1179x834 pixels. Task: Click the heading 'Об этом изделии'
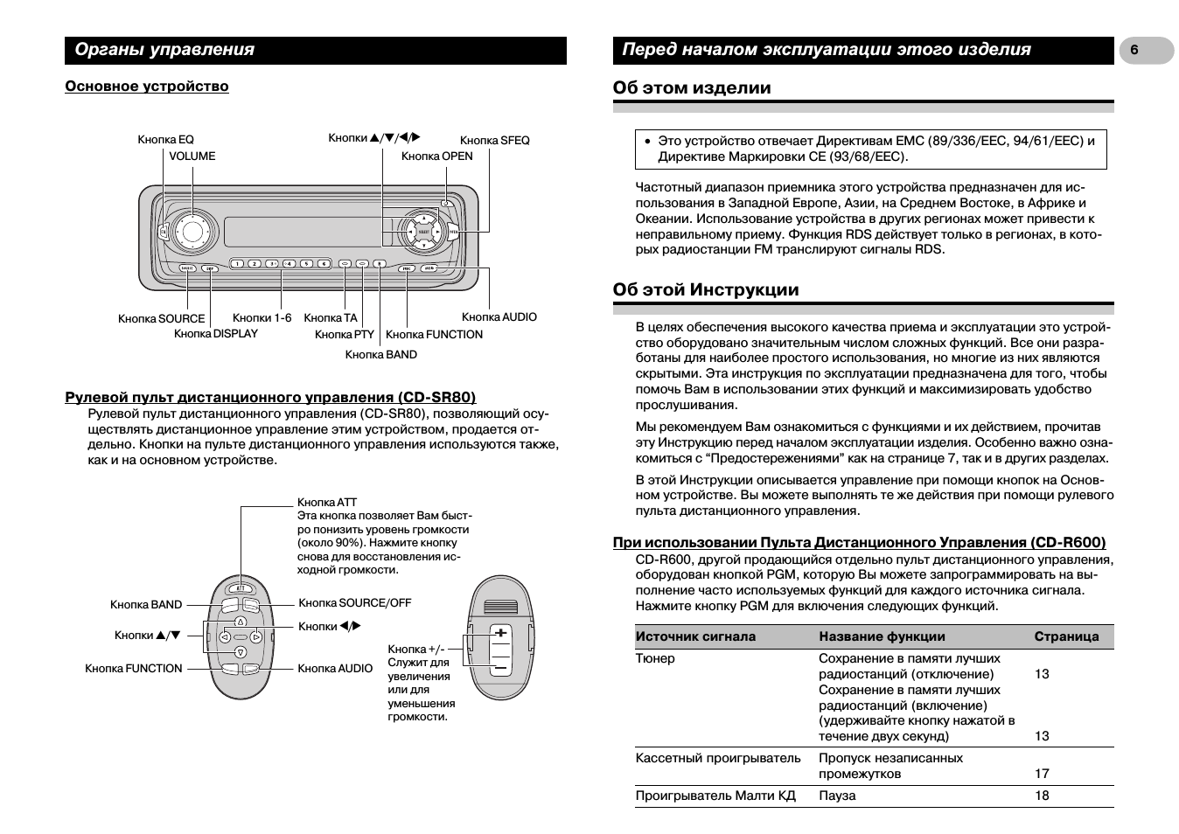coord(692,87)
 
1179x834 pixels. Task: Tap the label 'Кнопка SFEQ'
coord(494,140)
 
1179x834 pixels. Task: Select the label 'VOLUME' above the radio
coord(192,156)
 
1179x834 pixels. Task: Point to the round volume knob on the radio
coord(192,231)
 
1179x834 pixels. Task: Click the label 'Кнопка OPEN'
coord(436,156)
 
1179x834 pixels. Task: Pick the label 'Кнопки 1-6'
coord(262,318)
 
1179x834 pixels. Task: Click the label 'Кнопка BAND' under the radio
coord(380,355)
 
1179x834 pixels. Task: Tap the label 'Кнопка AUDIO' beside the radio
coord(499,317)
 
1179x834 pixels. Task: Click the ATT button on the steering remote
coord(241,587)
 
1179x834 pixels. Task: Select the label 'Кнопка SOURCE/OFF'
coord(354,603)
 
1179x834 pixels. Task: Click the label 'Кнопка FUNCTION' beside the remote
coord(133,669)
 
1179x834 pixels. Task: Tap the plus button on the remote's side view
coord(500,633)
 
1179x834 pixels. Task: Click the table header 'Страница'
coord(1066,637)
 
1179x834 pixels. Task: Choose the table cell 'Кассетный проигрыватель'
coord(717,758)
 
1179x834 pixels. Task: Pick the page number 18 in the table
coord(1042,796)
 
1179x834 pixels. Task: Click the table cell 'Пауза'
coord(837,796)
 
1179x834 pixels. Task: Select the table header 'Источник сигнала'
coord(695,637)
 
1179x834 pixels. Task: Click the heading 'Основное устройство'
coord(147,87)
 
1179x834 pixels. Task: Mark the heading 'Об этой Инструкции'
coord(706,289)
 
